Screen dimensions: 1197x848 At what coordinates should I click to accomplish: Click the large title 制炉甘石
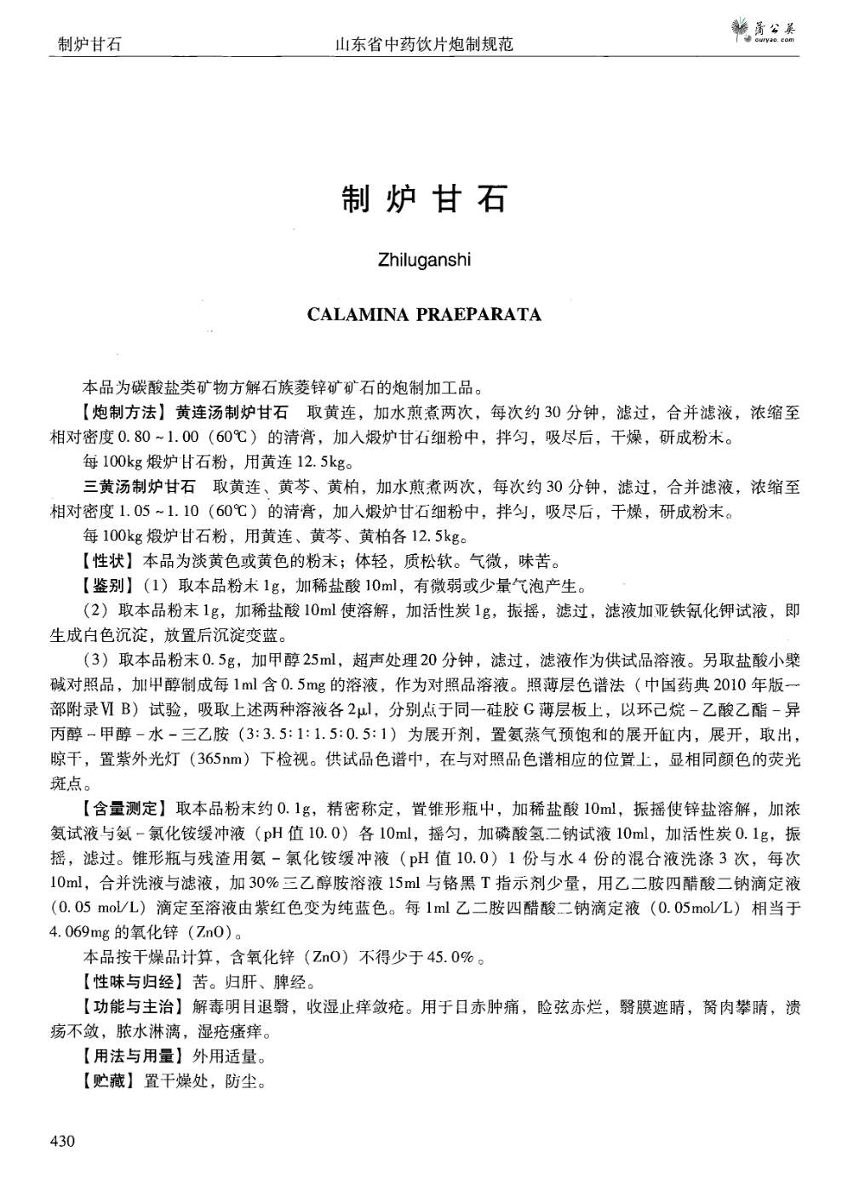[423, 198]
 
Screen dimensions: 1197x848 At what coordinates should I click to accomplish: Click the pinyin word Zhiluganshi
[423, 259]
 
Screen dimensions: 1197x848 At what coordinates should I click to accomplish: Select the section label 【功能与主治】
[134, 1008]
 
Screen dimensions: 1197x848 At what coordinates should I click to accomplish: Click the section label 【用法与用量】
[134, 1057]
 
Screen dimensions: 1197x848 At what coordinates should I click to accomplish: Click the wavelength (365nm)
[224, 759]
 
